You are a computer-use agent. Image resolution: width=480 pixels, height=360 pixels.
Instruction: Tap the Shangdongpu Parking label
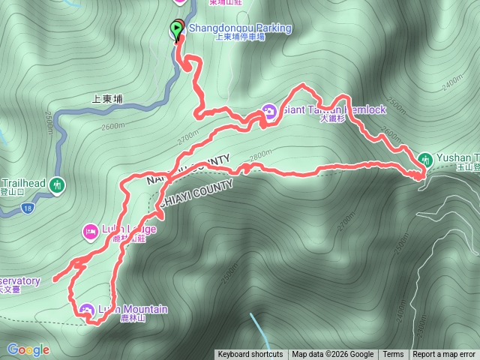pyautogui.click(x=239, y=28)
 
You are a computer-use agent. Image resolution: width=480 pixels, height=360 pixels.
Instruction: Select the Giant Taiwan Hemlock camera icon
pyautogui.click(x=269, y=113)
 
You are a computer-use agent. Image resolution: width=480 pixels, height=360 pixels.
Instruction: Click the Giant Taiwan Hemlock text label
pyautogui.click(x=334, y=109)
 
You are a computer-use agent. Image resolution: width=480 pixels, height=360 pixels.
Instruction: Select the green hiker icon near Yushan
pyautogui.click(x=426, y=159)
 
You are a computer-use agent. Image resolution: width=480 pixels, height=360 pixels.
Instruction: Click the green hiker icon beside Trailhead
pyautogui.click(x=57, y=184)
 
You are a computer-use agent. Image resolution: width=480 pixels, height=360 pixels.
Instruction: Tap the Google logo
pyautogui.click(x=28, y=349)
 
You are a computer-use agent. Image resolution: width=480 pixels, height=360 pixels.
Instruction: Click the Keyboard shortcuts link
pyautogui.click(x=250, y=355)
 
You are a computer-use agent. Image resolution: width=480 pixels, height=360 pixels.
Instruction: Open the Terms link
pyautogui.click(x=393, y=355)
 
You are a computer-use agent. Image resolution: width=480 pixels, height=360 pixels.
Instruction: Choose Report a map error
pyautogui.click(x=444, y=355)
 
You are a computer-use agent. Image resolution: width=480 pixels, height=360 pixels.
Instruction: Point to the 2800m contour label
pyautogui.click(x=260, y=155)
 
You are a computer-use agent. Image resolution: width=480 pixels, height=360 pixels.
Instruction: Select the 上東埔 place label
pyautogui.click(x=106, y=97)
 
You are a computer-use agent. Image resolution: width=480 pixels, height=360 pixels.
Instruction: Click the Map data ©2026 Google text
pyautogui.click(x=333, y=355)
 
